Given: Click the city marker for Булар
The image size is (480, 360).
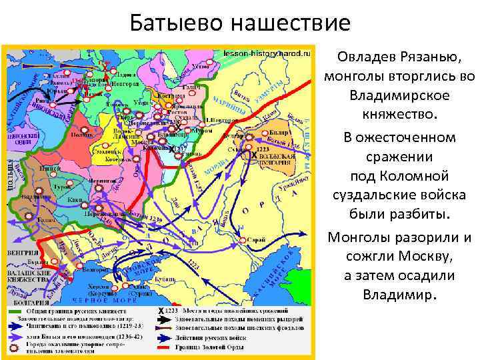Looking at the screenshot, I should tap(263, 133).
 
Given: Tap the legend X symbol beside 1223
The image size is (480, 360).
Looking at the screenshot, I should tap(160, 311).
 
